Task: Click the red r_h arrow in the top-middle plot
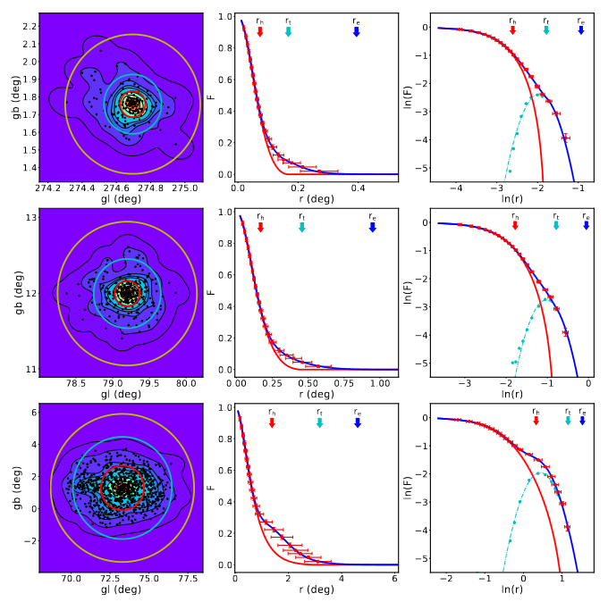click(x=260, y=31)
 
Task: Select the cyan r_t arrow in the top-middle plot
click(x=288, y=31)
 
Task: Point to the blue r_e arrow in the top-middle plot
click(x=356, y=31)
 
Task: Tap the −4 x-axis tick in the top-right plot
click(x=457, y=188)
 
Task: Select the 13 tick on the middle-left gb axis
click(x=31, y=218)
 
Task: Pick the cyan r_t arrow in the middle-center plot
click(x=301, y=228)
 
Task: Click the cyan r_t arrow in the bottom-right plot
click(x=567, y=422)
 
